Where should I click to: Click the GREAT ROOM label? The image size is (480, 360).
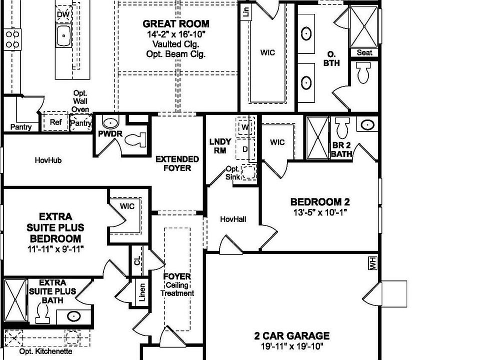click(x=176, y=23)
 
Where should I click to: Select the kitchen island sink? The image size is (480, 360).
click(x=63, y=36)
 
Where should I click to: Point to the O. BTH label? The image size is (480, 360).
click(x=330, y=58)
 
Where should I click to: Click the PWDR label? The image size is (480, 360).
click(x=107, y=134)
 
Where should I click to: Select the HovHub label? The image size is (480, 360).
click(x=48, y=160)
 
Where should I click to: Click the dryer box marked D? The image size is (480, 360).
click(x=245, y=149)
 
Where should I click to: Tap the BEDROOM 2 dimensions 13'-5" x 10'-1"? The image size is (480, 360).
click(x=320, y=212)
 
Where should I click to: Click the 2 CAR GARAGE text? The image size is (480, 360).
click(x=291, y=336)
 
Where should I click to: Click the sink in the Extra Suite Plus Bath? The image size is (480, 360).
click(x=73, y=316)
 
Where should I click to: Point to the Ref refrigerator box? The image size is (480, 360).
click(x=55, y=122)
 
